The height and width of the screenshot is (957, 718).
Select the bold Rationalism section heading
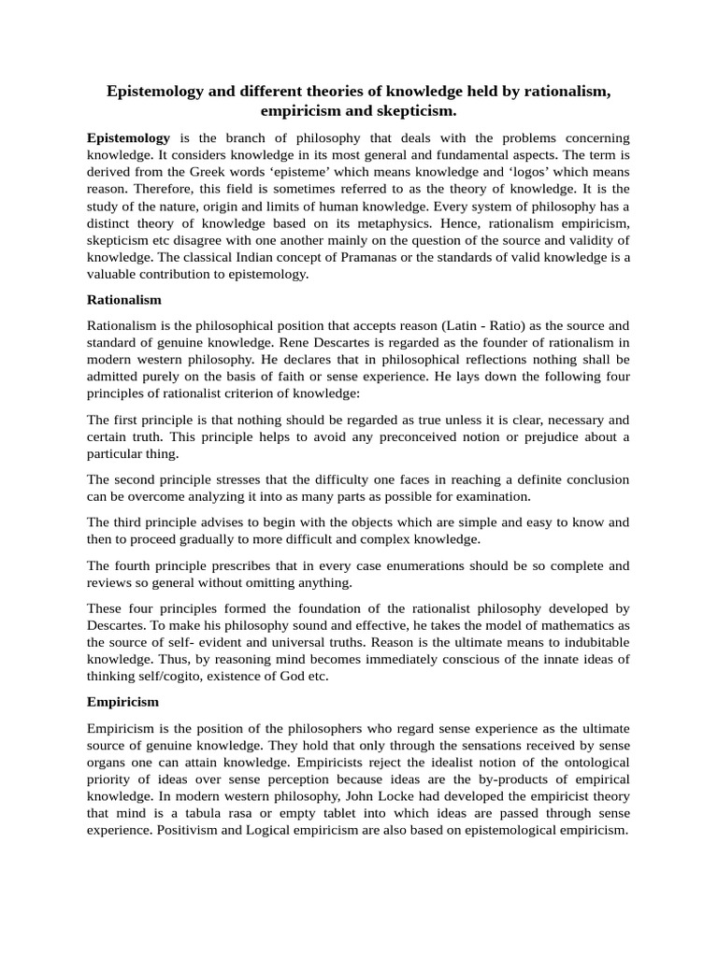(124, 300)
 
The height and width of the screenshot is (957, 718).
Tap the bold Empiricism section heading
(122, 701)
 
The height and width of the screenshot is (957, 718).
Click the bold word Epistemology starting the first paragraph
(128, 137)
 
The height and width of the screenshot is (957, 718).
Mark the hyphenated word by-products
(541, 778)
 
